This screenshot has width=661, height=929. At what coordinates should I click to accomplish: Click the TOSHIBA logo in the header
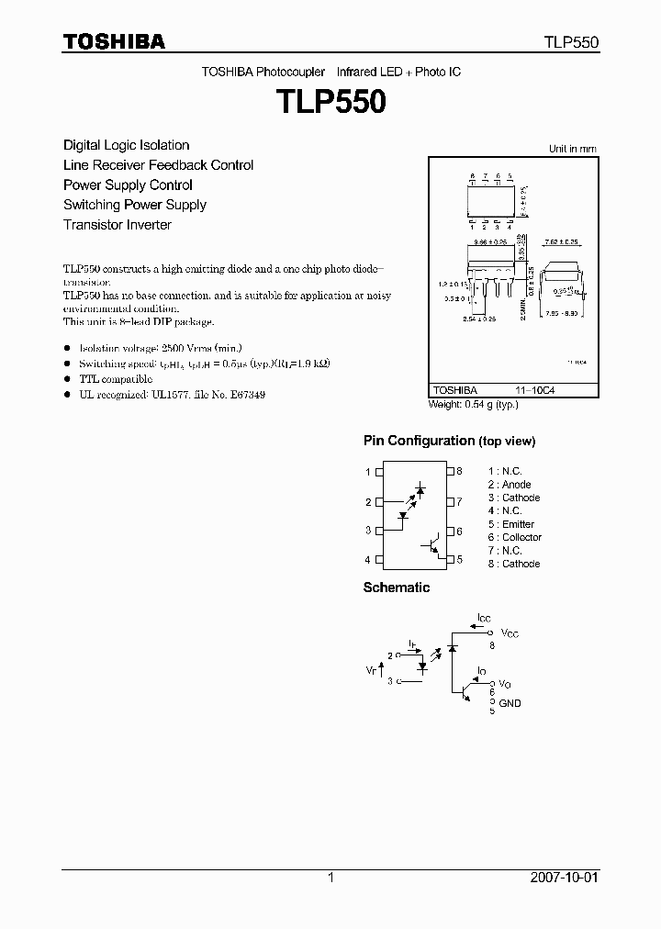(x=114, y=42)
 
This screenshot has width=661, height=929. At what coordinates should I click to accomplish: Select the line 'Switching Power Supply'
(x=134, y=205)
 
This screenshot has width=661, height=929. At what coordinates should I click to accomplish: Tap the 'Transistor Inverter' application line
(x=117, y=225)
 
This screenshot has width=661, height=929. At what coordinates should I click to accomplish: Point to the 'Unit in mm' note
(x=572, y=149)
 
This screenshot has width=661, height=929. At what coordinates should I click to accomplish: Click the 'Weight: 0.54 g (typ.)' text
(x=474, y=404)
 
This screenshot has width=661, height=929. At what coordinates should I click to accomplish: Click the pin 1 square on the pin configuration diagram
(x=379, y=472)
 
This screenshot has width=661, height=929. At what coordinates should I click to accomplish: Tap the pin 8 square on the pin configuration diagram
(x=450, y=472)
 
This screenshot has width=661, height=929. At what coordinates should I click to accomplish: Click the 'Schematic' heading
(x=396, y=588)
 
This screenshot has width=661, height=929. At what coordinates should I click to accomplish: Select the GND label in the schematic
(x=509, y=703)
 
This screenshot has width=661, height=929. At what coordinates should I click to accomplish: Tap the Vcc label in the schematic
(x=509, y=634)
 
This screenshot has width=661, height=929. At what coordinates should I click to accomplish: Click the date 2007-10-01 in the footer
(x=564, y=878)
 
